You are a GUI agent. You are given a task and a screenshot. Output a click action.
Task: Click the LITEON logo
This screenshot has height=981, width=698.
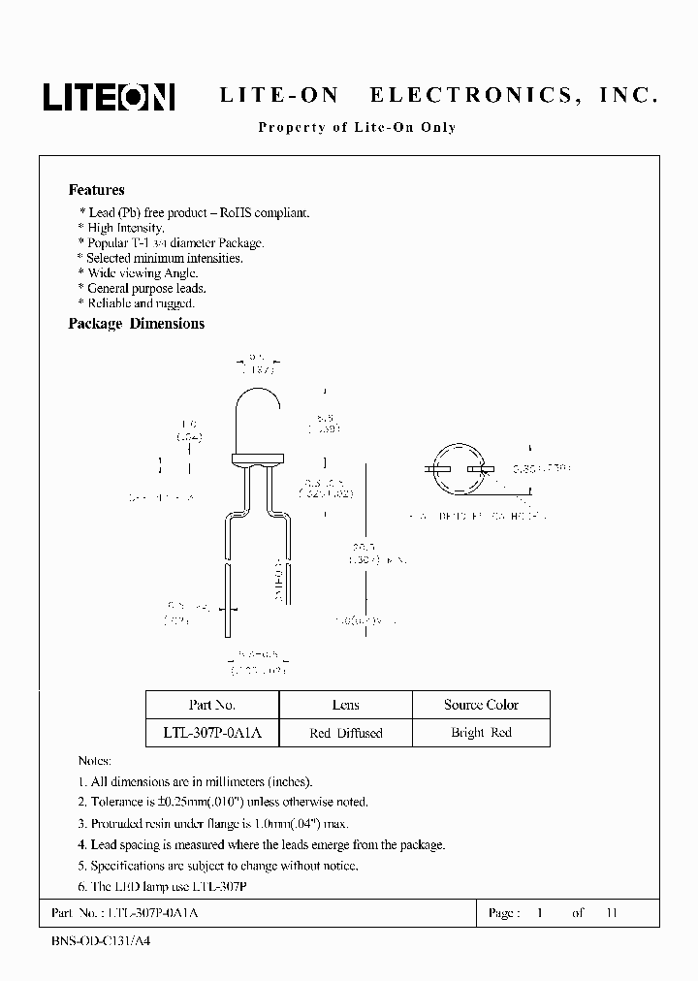(108, 97)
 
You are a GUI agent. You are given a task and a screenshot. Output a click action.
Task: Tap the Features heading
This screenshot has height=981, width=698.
(96, 190)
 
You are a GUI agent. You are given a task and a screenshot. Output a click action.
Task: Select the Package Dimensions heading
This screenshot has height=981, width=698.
(136, 324)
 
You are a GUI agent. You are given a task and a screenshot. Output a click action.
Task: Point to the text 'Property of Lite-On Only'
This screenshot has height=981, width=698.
(356, 127)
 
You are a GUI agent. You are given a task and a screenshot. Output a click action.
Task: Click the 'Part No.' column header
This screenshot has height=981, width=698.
(211, 705)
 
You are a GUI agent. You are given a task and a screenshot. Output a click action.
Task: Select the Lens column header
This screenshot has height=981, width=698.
(345, 705)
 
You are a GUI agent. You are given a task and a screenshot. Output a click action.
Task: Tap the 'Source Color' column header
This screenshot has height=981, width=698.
(481, 705)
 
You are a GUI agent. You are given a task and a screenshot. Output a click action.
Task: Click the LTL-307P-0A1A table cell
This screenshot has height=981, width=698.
(211, 733)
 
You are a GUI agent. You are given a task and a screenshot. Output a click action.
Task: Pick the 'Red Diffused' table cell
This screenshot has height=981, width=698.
(345, 733)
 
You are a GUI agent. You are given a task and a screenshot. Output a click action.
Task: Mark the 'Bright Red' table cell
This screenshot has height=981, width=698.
(481, 733)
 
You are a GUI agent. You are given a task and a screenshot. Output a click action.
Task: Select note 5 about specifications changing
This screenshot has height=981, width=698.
(217, 866)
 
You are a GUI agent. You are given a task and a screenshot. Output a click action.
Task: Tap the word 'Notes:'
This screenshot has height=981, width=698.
(94, 760)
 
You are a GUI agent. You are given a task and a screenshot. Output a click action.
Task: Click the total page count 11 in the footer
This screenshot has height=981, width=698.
(610, 913)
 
